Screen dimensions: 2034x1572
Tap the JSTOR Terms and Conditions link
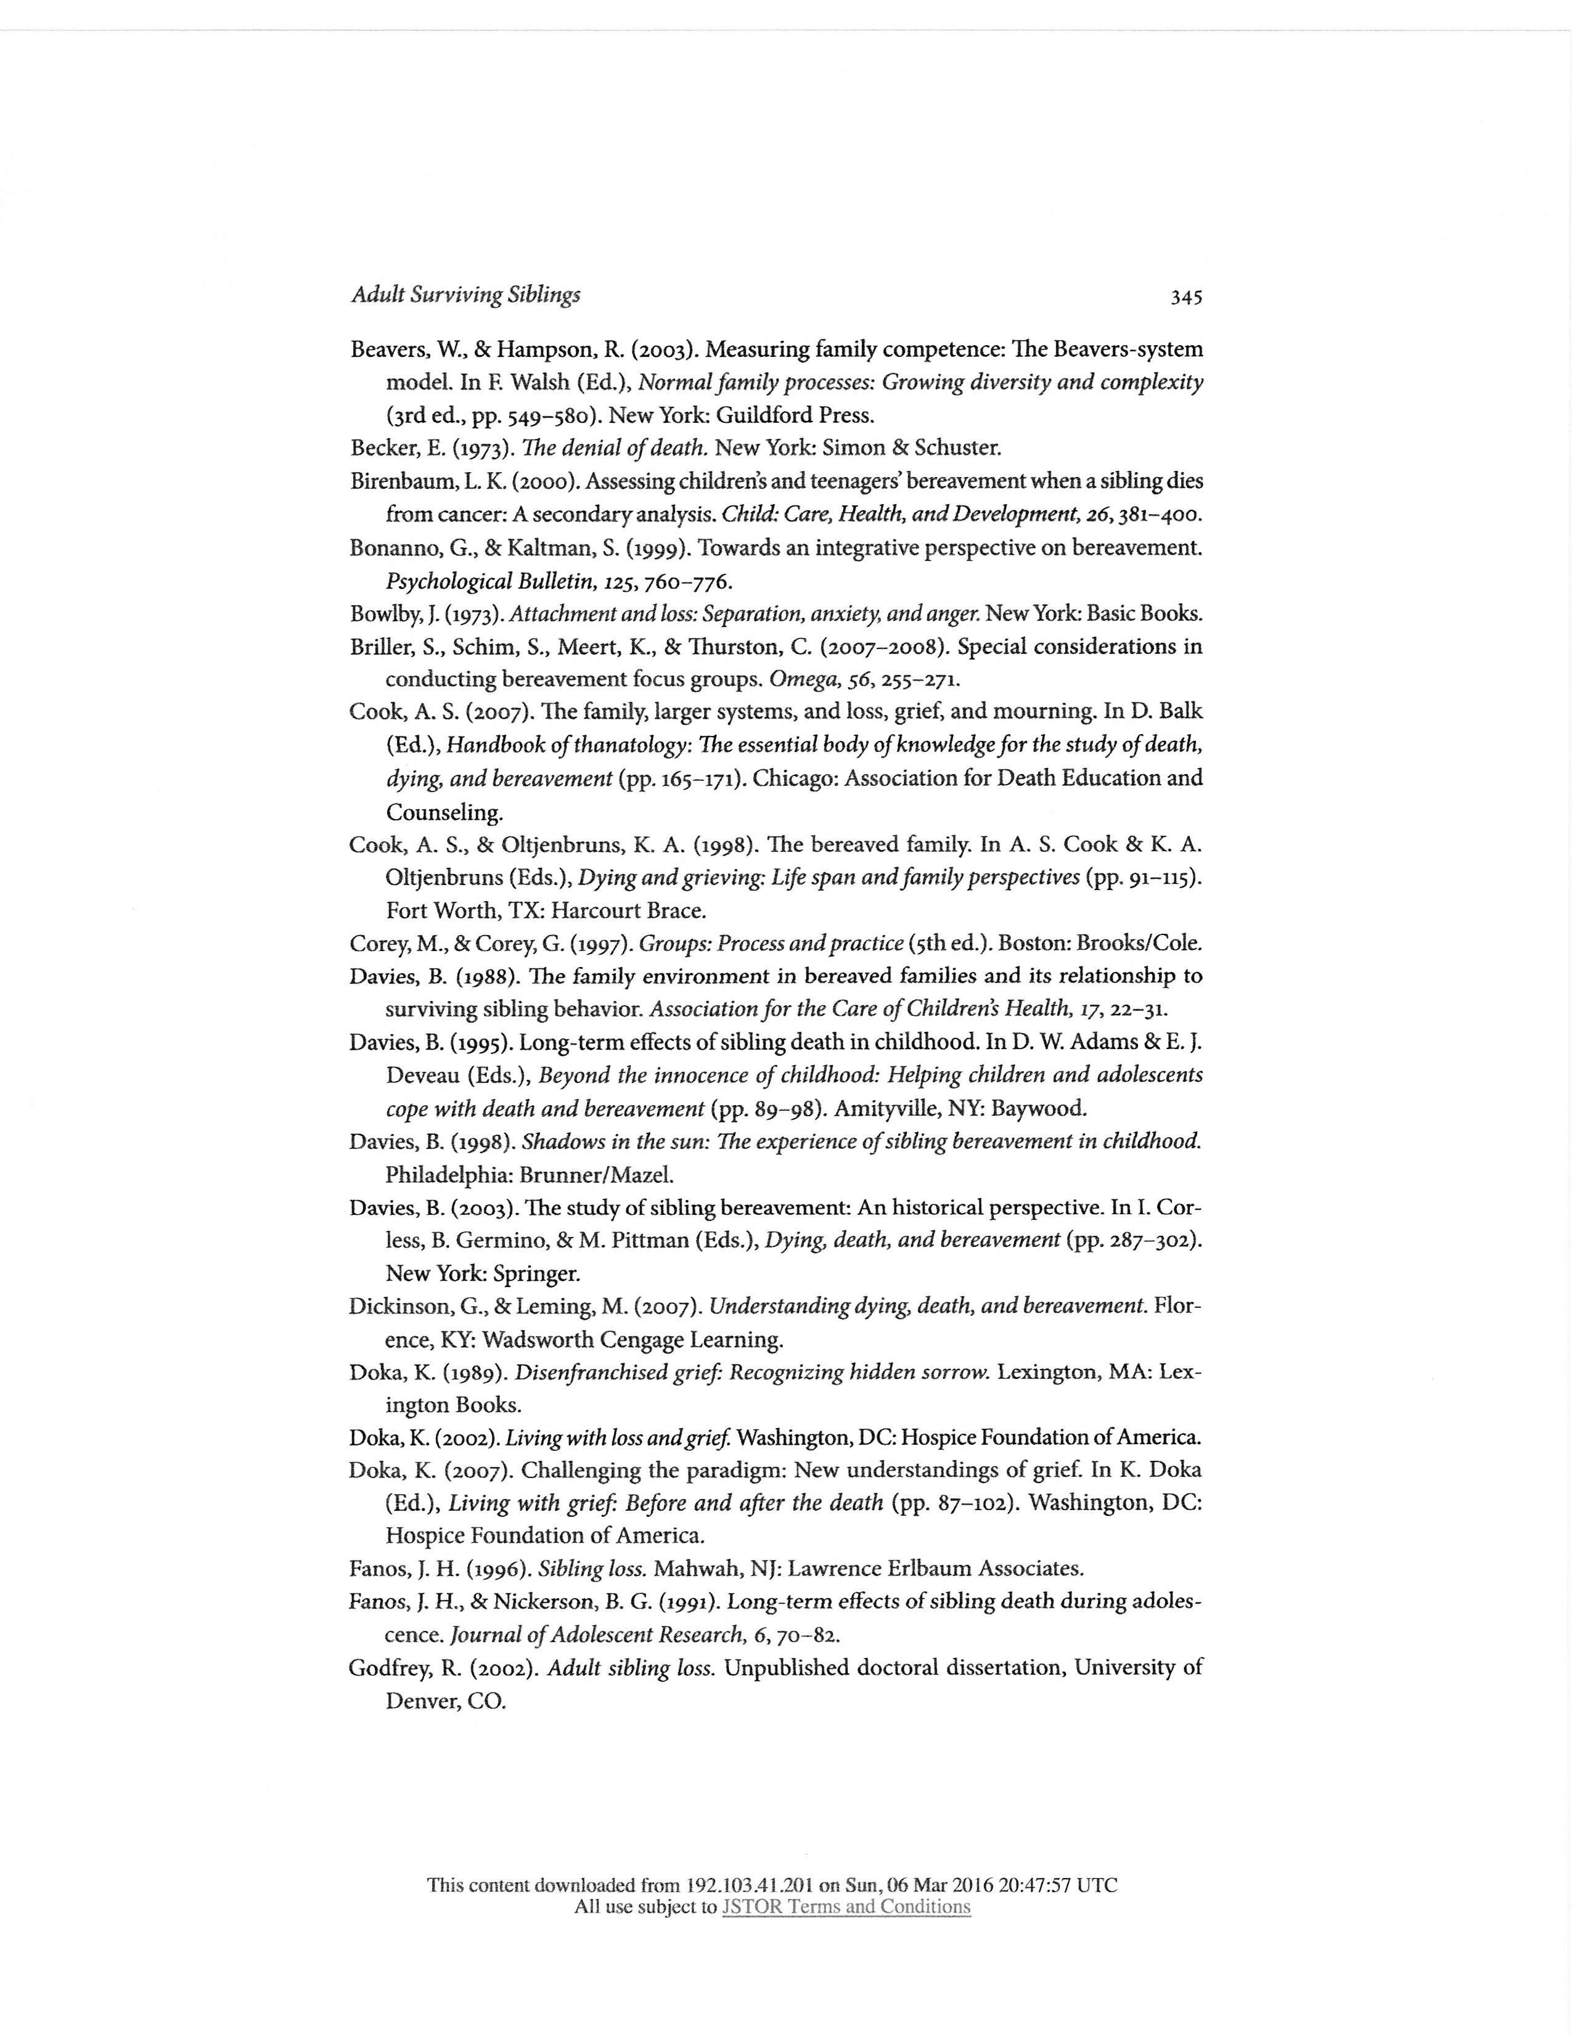[846, 1906]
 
